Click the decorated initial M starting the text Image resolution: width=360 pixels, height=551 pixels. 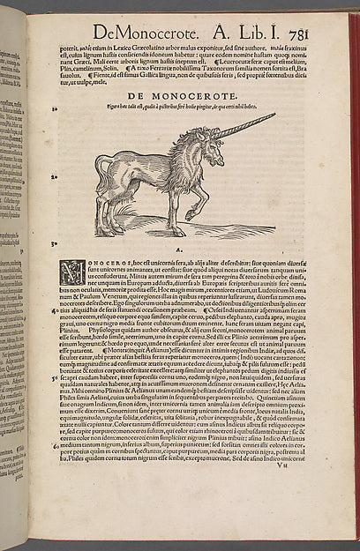[x=71, y=270]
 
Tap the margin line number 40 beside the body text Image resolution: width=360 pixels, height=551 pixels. [x=56, y=309]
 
